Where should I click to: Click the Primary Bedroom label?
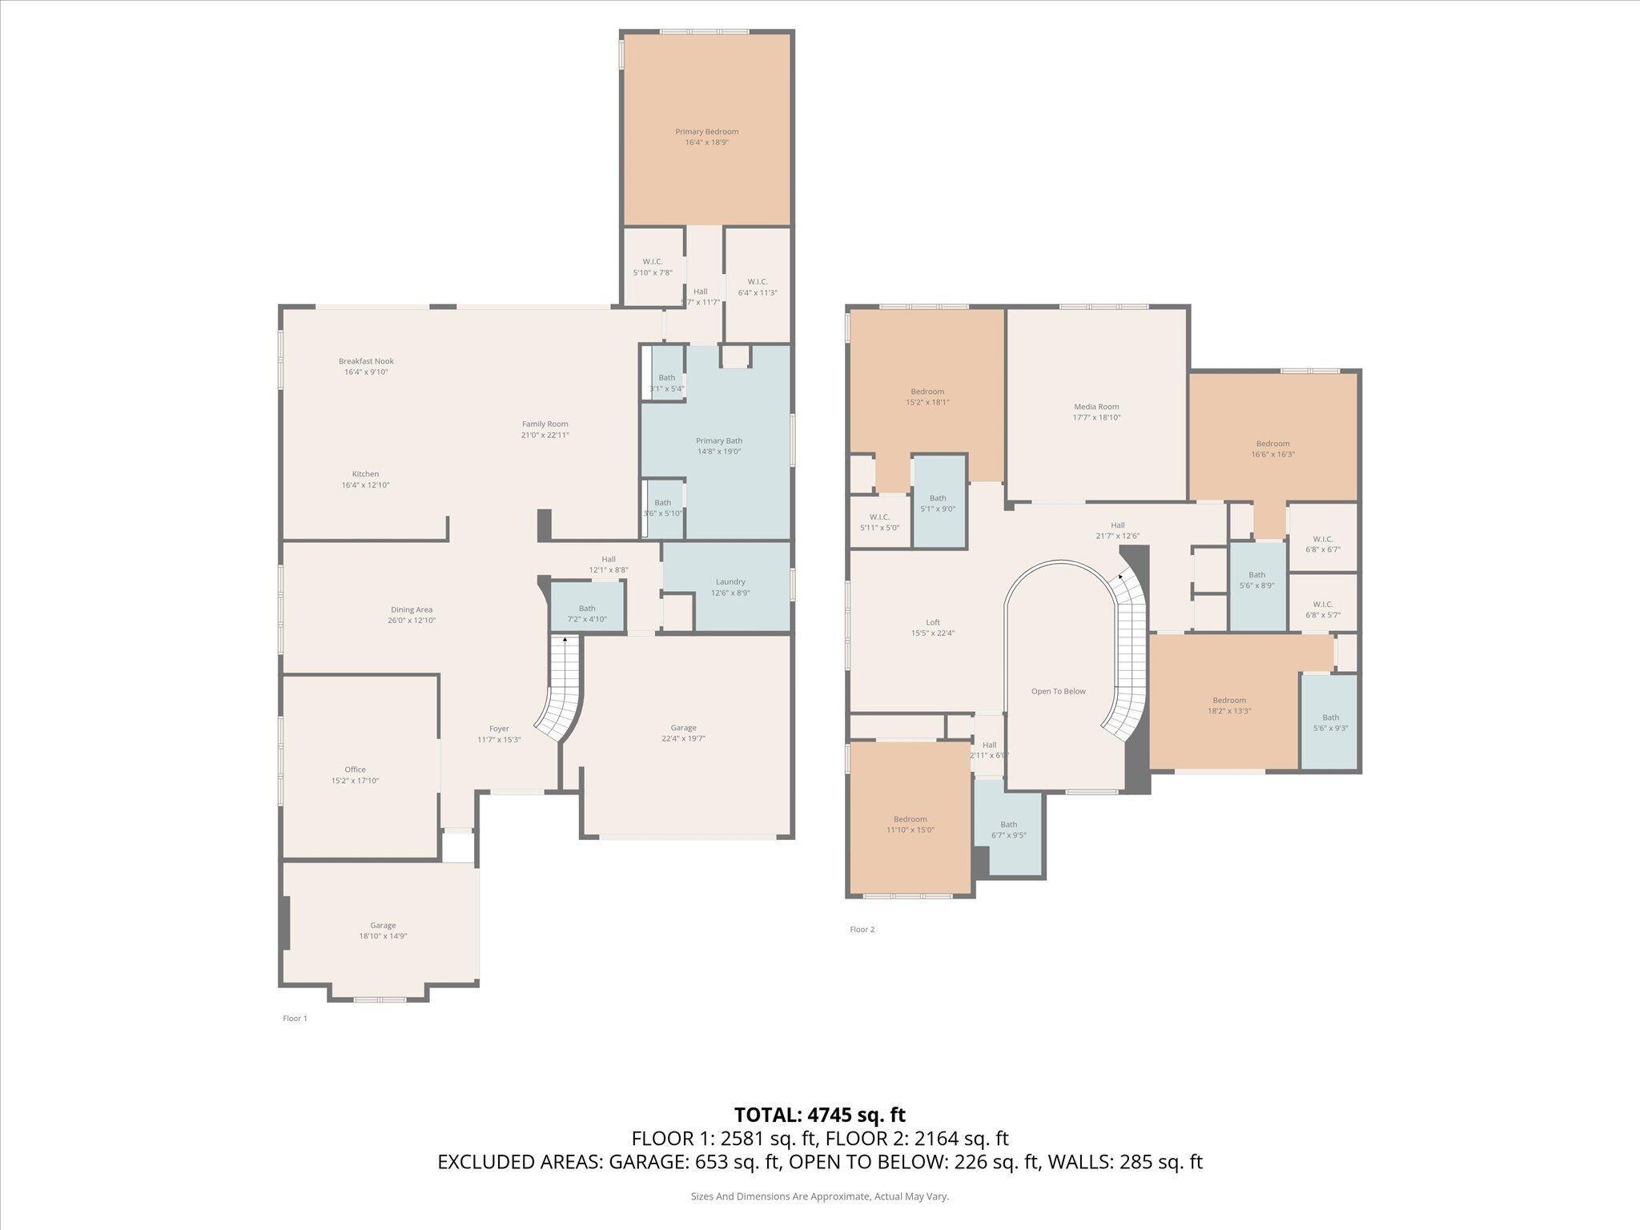(706, 132)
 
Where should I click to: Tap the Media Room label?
(1096, 407)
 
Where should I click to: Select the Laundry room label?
(730, 582)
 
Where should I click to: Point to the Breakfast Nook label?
(366, 361)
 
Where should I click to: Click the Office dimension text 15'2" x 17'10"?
(355, 781)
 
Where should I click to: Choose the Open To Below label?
(1058, 691)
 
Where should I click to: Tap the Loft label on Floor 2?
(932, 622)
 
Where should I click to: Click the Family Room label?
(545, 424)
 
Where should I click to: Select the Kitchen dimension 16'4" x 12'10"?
(365, 485)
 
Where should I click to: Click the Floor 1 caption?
(295, 1019)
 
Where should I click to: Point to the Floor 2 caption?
(862, 930)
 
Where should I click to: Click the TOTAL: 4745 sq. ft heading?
(819, 1115)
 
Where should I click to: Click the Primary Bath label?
(719, 441)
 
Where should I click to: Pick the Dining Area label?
(412, 610)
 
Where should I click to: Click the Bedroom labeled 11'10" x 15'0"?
(910, 824)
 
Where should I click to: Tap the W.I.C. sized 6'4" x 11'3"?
(757, 287)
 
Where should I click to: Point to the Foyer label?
(499, 729)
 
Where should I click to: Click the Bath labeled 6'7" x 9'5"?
(1008, 830)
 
